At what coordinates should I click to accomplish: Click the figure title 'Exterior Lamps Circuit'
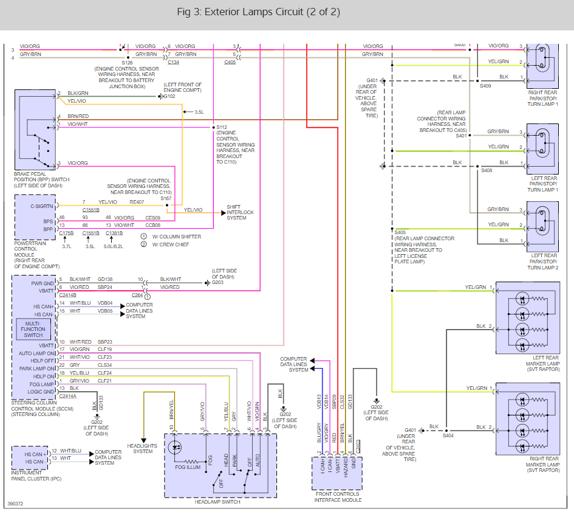254,12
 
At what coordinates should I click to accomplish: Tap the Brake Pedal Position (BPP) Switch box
35,130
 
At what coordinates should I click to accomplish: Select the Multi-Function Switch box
33,329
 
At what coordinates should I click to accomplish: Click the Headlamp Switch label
217,502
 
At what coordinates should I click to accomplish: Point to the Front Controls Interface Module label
338,497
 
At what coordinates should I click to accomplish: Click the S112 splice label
222,127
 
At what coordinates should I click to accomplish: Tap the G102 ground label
169,97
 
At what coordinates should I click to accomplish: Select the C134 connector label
174,62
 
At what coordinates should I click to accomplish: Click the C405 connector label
230,62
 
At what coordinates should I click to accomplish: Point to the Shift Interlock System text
240,212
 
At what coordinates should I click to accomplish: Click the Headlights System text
142,448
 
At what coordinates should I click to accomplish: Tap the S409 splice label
485,86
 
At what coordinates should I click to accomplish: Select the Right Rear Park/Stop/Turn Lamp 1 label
542,99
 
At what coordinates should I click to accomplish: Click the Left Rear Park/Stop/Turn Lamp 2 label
544,262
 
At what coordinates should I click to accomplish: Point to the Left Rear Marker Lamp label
542,363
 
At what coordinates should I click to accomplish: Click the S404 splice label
448,435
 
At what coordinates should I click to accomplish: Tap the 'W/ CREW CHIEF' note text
171,245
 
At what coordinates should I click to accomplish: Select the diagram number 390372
15,504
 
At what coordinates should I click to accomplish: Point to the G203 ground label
217,282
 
